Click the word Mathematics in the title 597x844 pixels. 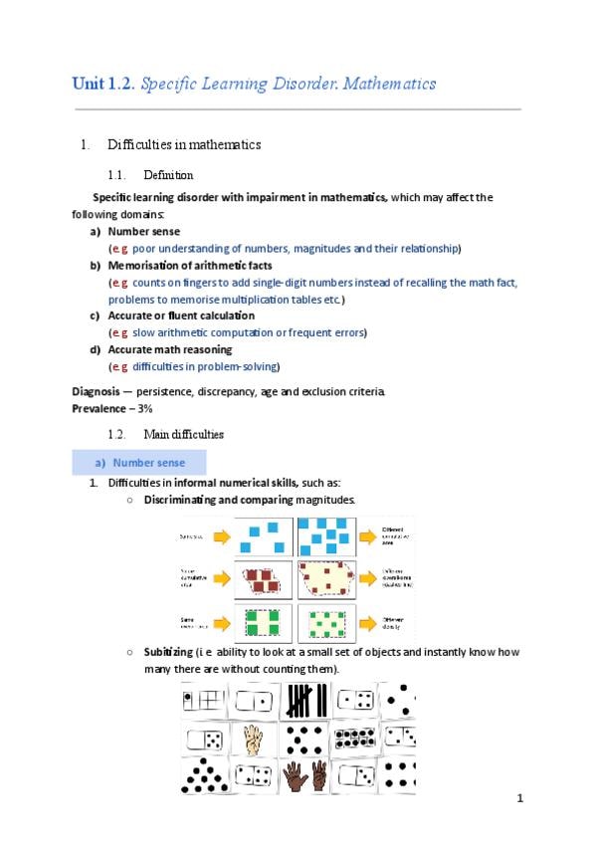pyautogui.click(x=386, y=84)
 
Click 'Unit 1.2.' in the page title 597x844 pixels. pyautogui.click(x=103, y=84)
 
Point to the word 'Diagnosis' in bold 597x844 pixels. pyautogui.click(x=99, y=390)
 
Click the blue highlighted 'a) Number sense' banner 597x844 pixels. pyautogui.click(x=139, y=462)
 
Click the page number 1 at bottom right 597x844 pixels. pyautogui.click(x=519, y=798)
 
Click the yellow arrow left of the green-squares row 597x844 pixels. pyautogui.click(x=221, y=622)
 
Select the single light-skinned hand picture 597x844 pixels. pyautogui.click(x=253, y=738)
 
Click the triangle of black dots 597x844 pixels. pyautogui.click(x=203, y=775)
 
